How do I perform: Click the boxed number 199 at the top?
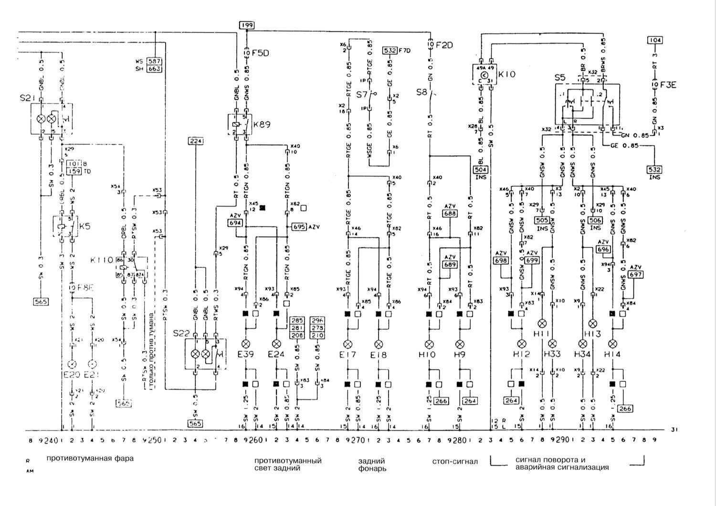246,25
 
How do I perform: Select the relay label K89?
262,124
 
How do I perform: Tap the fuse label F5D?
260,53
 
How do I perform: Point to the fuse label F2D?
443,45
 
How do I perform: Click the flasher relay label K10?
507,75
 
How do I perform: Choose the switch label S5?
559,77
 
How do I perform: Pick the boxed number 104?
655,40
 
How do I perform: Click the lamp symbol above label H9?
460,344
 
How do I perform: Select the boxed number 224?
196,141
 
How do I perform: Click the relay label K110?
102,260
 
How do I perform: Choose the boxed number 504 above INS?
480,169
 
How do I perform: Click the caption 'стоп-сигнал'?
454,462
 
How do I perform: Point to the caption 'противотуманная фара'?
90,458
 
